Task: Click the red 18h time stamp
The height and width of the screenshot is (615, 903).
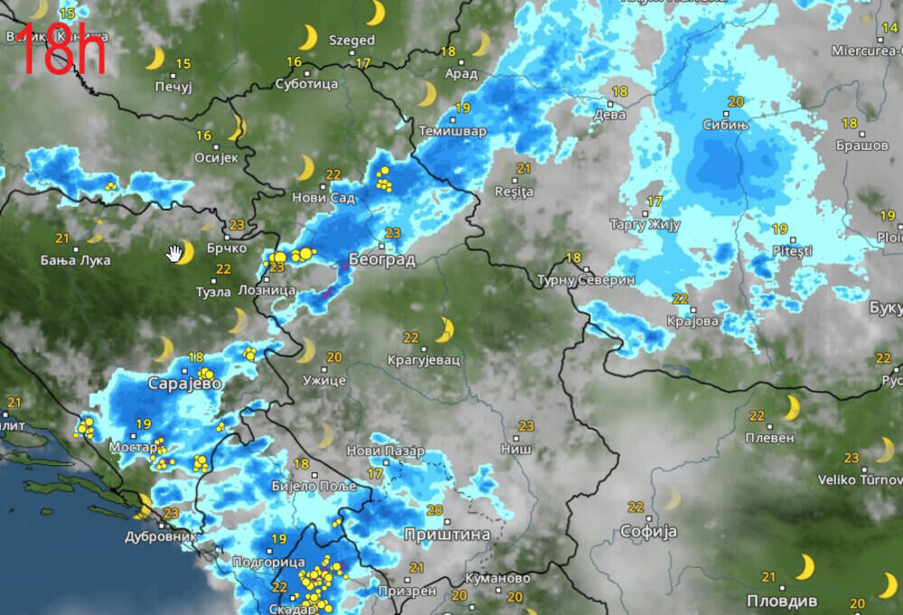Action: [x=61, y=52]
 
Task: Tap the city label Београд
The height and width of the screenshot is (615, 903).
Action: [x=382, y=260]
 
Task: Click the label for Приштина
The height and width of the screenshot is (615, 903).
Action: [x=447, y=535]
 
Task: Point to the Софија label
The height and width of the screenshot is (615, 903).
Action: [x=648, y=531]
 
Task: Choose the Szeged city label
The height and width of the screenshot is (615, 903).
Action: [x=351, y=41]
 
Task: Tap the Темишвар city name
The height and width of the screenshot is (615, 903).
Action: [x=452, y=131]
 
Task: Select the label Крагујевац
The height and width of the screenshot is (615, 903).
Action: [x=424, y=359]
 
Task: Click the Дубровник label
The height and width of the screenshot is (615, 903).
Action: [x=161, y=536]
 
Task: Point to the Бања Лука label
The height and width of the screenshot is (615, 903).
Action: [x=76, y=260]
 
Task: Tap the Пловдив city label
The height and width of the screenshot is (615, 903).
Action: [x=782, y=601]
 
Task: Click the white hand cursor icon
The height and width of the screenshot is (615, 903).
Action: [x=174, y=253]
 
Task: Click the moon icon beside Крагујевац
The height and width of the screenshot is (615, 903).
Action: [x=444, y=330]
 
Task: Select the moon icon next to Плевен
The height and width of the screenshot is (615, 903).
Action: [x=791, y=408]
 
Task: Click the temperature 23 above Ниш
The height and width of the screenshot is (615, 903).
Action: [x=526, y=424]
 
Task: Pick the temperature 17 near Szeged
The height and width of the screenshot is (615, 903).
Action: [x=363, y=62]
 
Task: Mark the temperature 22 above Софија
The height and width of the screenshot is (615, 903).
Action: [x=636, y=507]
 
